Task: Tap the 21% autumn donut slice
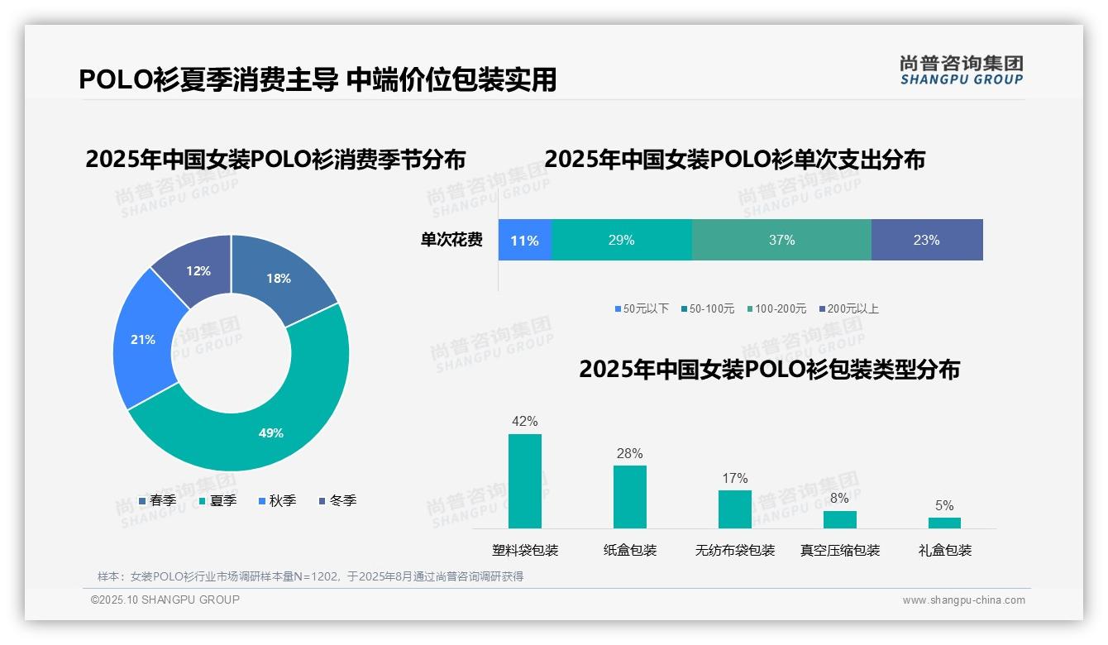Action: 142,339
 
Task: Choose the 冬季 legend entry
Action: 336,500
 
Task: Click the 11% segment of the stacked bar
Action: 524,241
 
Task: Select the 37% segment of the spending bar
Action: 781,241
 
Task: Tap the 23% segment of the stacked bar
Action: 926,241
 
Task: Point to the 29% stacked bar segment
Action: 621,241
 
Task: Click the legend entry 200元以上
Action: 848,308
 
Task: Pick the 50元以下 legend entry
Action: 642,308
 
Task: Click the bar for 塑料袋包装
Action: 525,481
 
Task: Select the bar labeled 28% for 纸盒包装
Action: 629,496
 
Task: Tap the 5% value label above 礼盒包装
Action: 944,505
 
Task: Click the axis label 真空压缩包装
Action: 840,550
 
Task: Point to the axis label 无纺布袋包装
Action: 735,550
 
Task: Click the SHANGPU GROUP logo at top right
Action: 961,70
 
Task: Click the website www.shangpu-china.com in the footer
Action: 963,600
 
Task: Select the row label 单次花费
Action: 451,241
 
